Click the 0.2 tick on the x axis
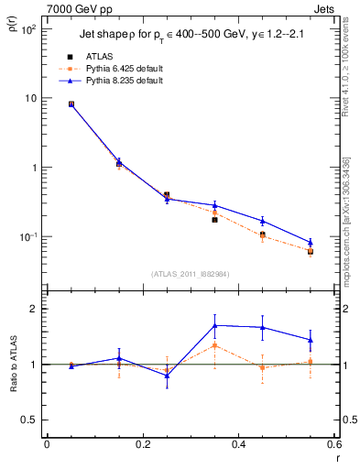(142, 446)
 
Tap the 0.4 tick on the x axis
(238, 446)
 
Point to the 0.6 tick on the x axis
(333, 446)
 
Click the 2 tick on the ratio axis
(32, 309)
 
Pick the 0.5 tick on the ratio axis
(29, 420)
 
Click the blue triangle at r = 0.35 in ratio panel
(214, 325)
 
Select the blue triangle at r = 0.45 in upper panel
(262, 221)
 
